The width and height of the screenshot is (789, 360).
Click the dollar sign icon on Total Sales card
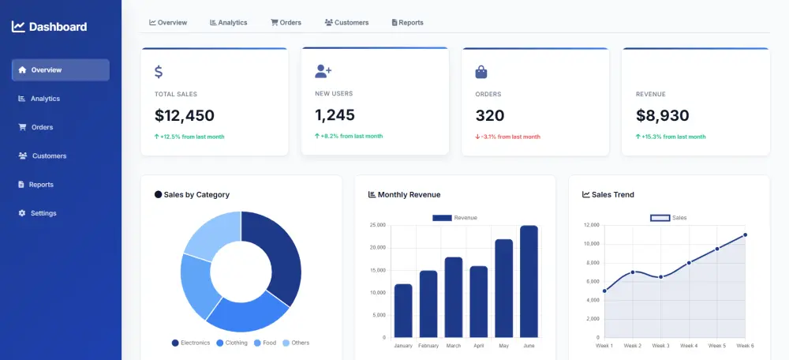pyautogui.click(x=159, y=72)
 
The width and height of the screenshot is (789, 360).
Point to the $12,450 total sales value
pyautogui.click(x=185, y=116)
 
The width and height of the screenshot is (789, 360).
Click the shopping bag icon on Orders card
pyautogui.click(x=481, y=72)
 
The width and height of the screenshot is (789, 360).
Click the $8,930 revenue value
pyautogui.click(x=662, y=116)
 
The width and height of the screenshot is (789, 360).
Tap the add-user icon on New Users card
pyautogui.click(x=323, y=71)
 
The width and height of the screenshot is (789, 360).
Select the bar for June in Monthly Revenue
pyautogui.click(x=529, y=281)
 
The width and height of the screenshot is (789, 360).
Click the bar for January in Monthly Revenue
pyautogui.click(x=403, y=310)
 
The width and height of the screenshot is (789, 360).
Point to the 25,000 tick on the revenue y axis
pyautogui.click(x=377, y=225)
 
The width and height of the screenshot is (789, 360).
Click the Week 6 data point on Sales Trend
pyautogui.click(x=745, y=234)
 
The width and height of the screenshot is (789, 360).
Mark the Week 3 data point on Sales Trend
pyautogui.click(x=660, y=277)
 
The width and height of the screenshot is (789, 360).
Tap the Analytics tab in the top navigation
pyautogui.click(x=228, y=23)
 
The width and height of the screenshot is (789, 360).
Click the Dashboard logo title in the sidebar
pyautogui.click(x=49, y=27)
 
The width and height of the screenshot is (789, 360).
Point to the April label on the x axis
pyautogui.click(x=478, y=346)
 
